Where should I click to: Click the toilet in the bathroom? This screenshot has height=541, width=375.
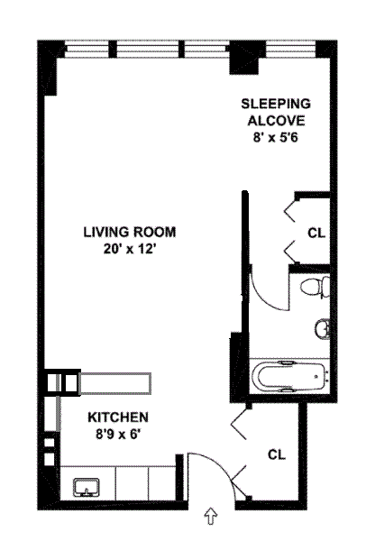click(x=315, y=287)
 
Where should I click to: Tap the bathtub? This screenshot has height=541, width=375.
click(x=290, y=377)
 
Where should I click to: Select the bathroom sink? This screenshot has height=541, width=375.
click(x=323, y=329)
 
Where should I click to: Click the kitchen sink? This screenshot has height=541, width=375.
click(x=87, y=487)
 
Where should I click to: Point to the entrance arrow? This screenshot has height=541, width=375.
click(x=211, y=516)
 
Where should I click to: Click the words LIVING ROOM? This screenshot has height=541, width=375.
click(x=130, y=232)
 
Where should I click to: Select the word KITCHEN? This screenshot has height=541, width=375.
click(x=118, y=417)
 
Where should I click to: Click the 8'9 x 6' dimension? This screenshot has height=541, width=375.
click(x=118, y=434)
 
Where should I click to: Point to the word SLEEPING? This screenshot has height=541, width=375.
click(x=276, y=104)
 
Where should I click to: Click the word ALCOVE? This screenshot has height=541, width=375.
click(x=277, y=121)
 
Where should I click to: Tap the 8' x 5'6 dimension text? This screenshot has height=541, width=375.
click(x=276, y=138)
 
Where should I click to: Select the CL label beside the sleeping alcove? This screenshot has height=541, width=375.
click(x=316, y=234)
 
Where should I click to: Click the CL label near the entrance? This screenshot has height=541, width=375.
click(x=277, y=454)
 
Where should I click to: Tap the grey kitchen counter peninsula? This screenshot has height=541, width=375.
click(x=115, y=383)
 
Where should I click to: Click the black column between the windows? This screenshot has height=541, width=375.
click(x=243, y=58)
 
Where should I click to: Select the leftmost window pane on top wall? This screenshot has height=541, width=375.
click(x=87, y=50)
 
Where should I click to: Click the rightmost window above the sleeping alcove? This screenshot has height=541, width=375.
click(x=291, y=50)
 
